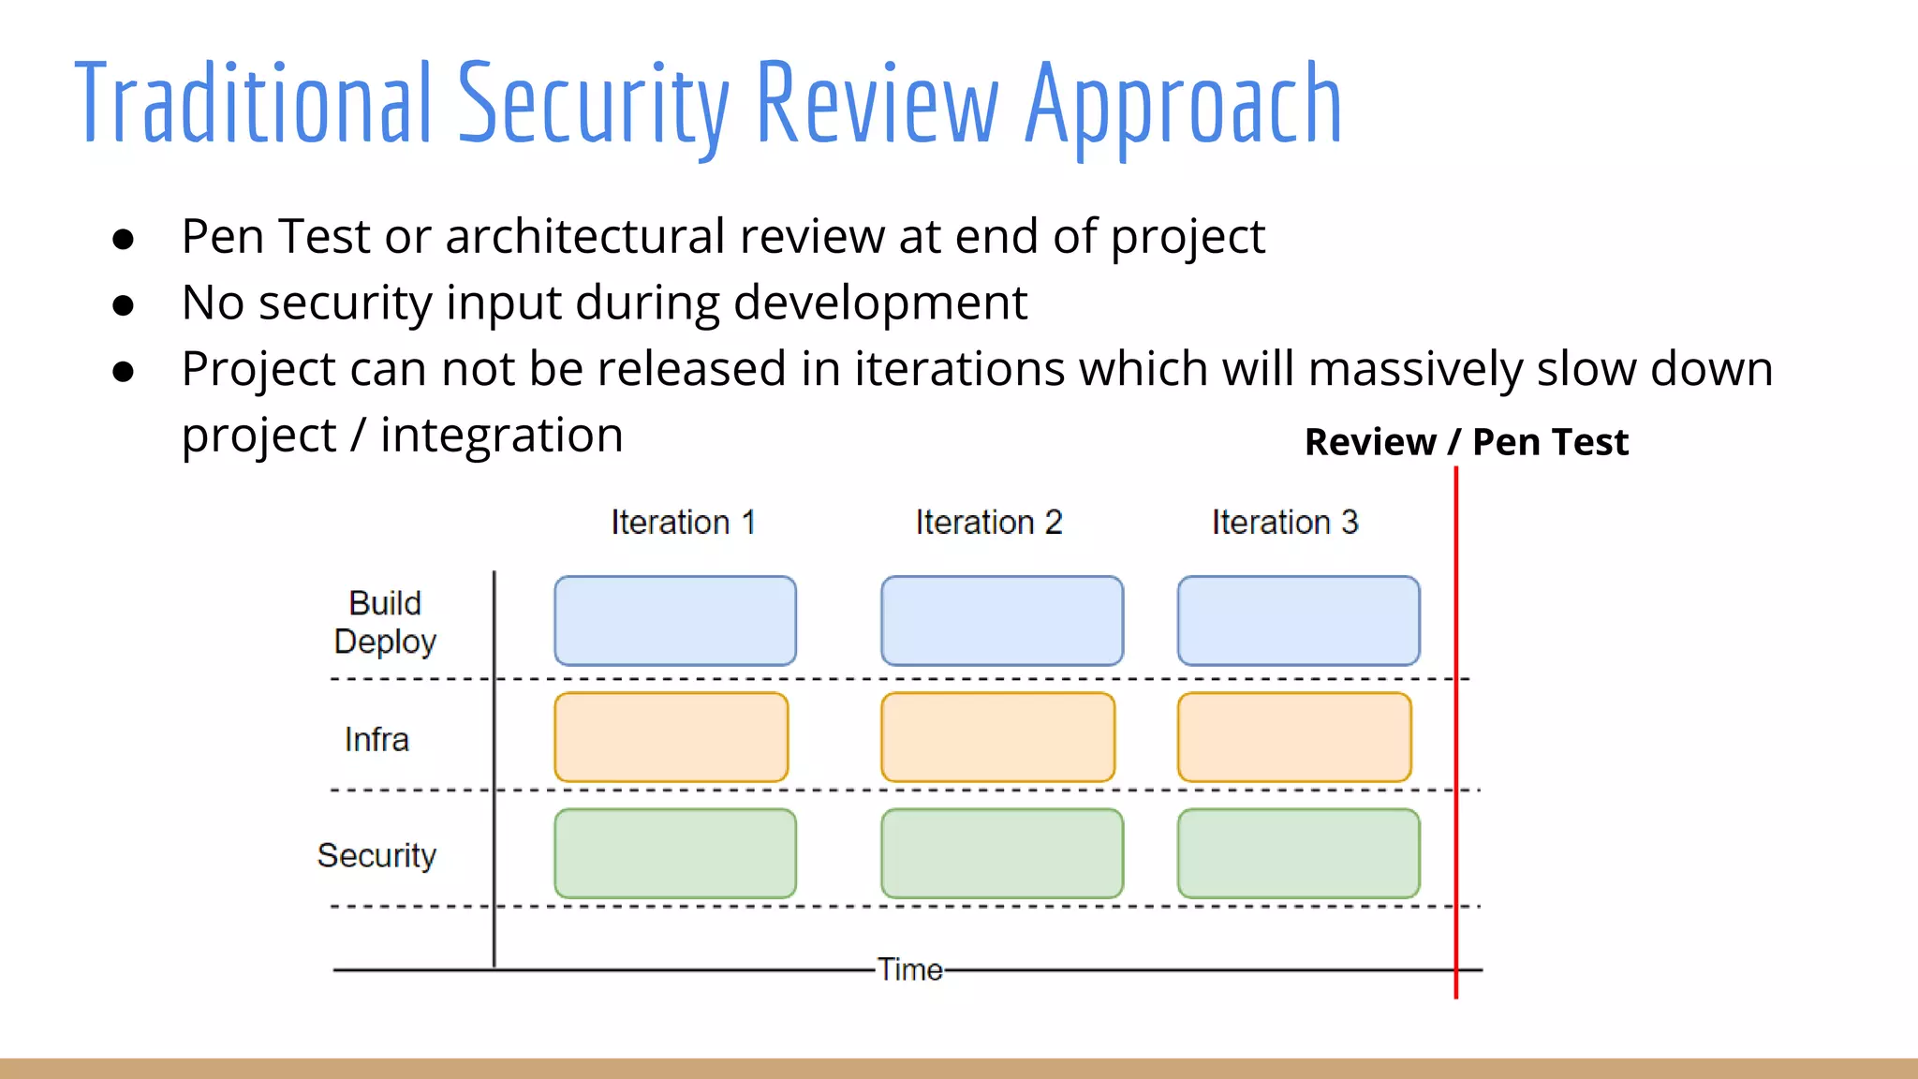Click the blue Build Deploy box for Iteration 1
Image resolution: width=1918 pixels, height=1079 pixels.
(674, 620)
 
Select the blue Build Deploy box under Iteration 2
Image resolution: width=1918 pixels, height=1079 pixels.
(1001, 620)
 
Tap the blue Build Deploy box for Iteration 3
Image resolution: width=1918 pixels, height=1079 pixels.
(1298, 620)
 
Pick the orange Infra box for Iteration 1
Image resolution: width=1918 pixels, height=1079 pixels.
(671, 737)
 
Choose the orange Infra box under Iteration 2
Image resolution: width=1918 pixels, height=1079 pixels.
(997, 737)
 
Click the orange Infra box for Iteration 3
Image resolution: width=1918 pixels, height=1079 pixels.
(1294, 737)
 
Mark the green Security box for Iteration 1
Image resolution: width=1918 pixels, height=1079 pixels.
(674, 853)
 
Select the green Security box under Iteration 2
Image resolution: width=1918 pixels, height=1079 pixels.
(1001, 853)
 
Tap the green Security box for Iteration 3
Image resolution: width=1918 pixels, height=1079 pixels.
(1298, 853)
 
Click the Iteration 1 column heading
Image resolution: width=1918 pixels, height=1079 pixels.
(683, 522)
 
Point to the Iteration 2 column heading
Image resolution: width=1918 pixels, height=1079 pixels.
(989, 522)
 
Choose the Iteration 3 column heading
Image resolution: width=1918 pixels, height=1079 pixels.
(1285, 522)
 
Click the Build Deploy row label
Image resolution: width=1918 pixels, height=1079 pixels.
(385, 622)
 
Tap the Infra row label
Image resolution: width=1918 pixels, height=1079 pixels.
(376, 739)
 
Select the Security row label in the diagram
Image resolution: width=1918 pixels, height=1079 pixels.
(376, 855)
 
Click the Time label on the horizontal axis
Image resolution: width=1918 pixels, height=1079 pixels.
(909, 969)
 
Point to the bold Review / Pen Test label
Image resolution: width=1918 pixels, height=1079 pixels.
(1467, 441)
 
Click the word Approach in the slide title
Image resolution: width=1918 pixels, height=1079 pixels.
(1184, 103)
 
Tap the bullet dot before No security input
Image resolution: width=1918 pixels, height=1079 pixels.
(123, 305)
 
